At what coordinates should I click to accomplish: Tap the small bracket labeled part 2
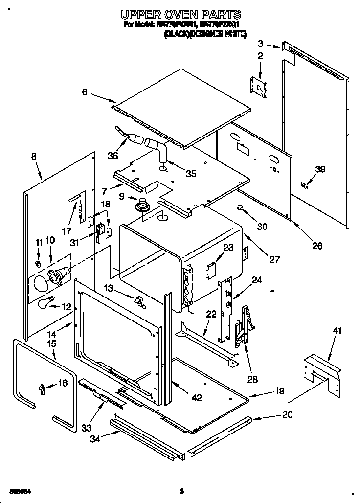259,86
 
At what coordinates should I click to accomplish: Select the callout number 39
320,170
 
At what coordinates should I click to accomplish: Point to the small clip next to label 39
304,185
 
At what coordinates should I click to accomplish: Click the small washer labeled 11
39,264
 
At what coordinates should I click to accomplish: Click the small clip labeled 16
42,388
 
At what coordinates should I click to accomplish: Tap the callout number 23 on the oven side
228,247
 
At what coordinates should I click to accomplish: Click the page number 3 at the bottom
181,491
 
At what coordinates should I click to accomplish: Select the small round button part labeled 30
241,207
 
